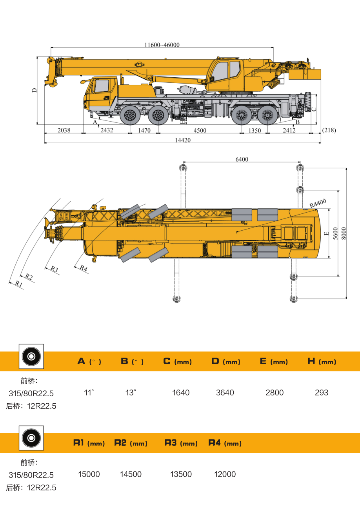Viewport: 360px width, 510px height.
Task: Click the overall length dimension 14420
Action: [183, 140]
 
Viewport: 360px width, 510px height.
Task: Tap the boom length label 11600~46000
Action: [162, 45]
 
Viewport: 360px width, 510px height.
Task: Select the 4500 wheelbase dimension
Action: [200, 131]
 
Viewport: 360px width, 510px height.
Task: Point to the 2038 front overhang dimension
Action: [64, 130]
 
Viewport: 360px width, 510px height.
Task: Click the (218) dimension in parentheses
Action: [329, 130]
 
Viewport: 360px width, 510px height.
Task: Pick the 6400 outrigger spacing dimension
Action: [242, 159]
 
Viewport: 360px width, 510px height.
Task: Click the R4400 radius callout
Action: [318, 203]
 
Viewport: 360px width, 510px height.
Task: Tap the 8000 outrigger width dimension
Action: [344, 234]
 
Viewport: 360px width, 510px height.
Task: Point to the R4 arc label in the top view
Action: [83, 268]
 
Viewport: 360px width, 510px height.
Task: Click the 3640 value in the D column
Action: [225, 393]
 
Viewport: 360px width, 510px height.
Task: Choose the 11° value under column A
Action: [89, 393]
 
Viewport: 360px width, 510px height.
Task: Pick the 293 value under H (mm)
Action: [321, 393]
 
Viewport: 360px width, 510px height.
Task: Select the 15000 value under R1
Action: [89, 474]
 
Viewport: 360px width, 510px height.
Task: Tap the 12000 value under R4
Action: [225, 474]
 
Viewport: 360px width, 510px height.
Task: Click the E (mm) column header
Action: [274, 361]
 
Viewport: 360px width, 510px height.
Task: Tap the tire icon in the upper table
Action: [31, 356]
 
